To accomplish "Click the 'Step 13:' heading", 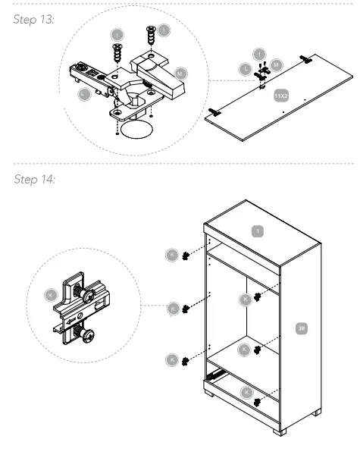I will (32, 18).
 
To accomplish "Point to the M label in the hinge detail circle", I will (180, 73).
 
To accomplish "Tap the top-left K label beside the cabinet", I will (174, 255).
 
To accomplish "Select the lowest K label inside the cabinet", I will (246, 391).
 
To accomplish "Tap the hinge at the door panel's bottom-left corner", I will (214, 113).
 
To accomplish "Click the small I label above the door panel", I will (259, 55).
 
